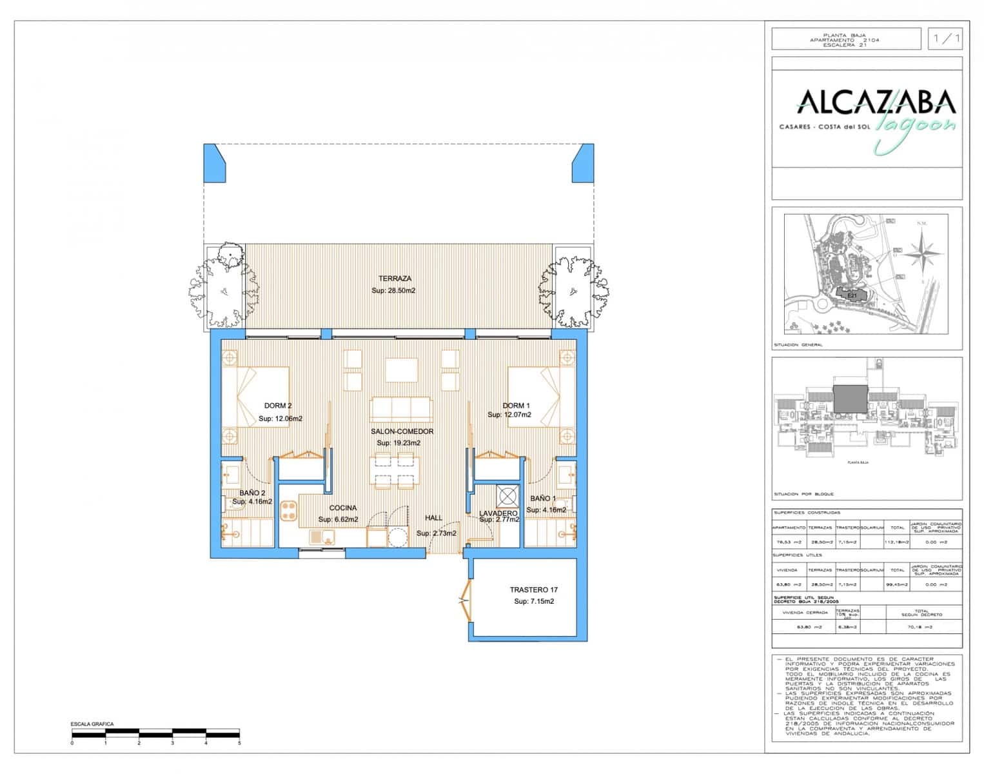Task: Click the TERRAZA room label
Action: [395, 279]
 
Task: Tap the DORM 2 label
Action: [278, 406]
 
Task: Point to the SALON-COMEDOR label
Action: [402, 432]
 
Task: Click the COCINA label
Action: [343, 508]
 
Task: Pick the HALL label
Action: [434, 518]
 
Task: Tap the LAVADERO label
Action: [498, 513]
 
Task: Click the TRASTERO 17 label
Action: [533, 590]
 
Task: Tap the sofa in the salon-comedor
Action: [401, 409]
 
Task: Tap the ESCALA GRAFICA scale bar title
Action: [92, 724]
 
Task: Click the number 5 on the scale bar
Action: [239, 744]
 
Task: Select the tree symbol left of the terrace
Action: [222, 284]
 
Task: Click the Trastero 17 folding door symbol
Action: [464, 600]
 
